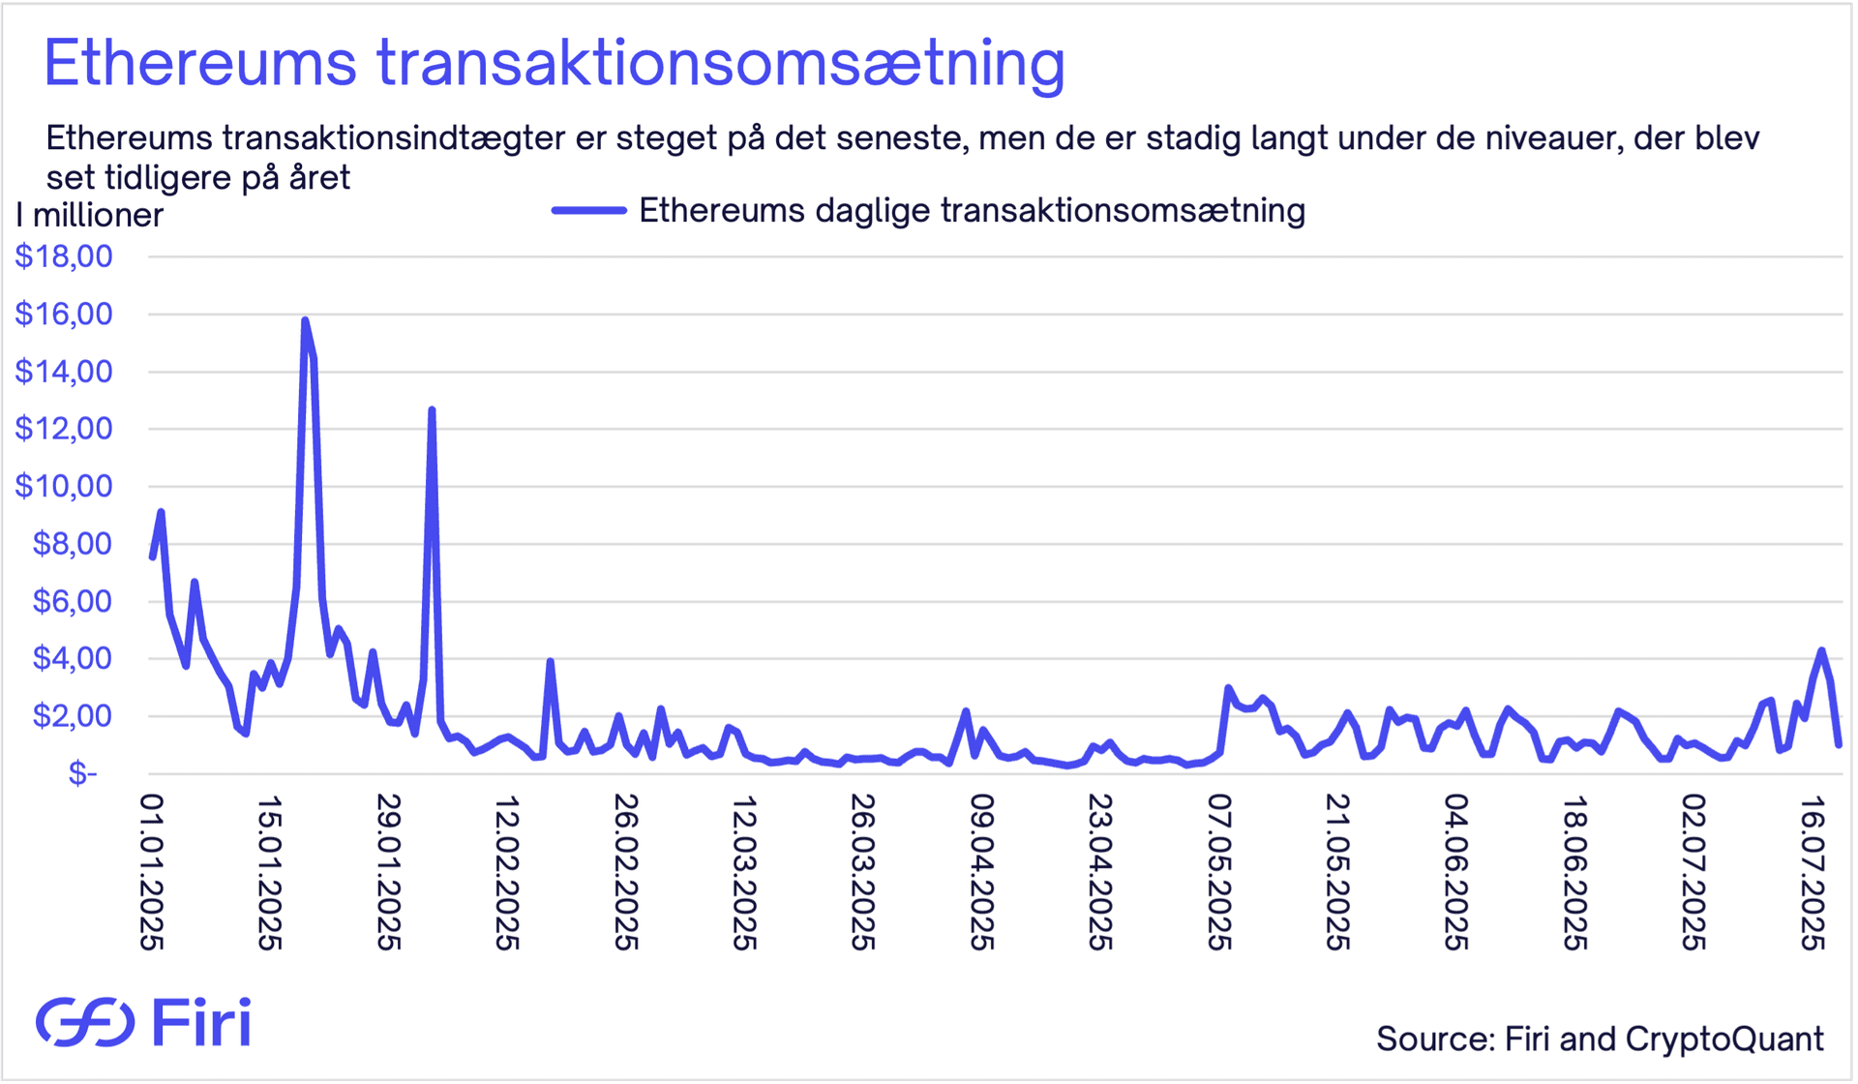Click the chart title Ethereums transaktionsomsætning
(x=554, y=64)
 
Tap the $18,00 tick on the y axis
(x=64, y=256)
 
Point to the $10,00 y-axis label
(x=64, y=486)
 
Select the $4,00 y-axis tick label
(x=73, y=658)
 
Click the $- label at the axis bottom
(x=83, y=773)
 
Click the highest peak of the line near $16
(x=305, y=320)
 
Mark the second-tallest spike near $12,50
(x=432, y=410)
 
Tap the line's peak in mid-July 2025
(x=1821, y=650)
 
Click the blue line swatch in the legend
(x=588, y=210)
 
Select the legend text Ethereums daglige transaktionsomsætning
(x=972, y=210)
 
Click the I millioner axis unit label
(x=90, y=215)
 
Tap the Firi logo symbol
(x=85, y=1022)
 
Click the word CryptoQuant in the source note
(x=1724, y=1039)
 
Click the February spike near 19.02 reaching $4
(x=550, y=662)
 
